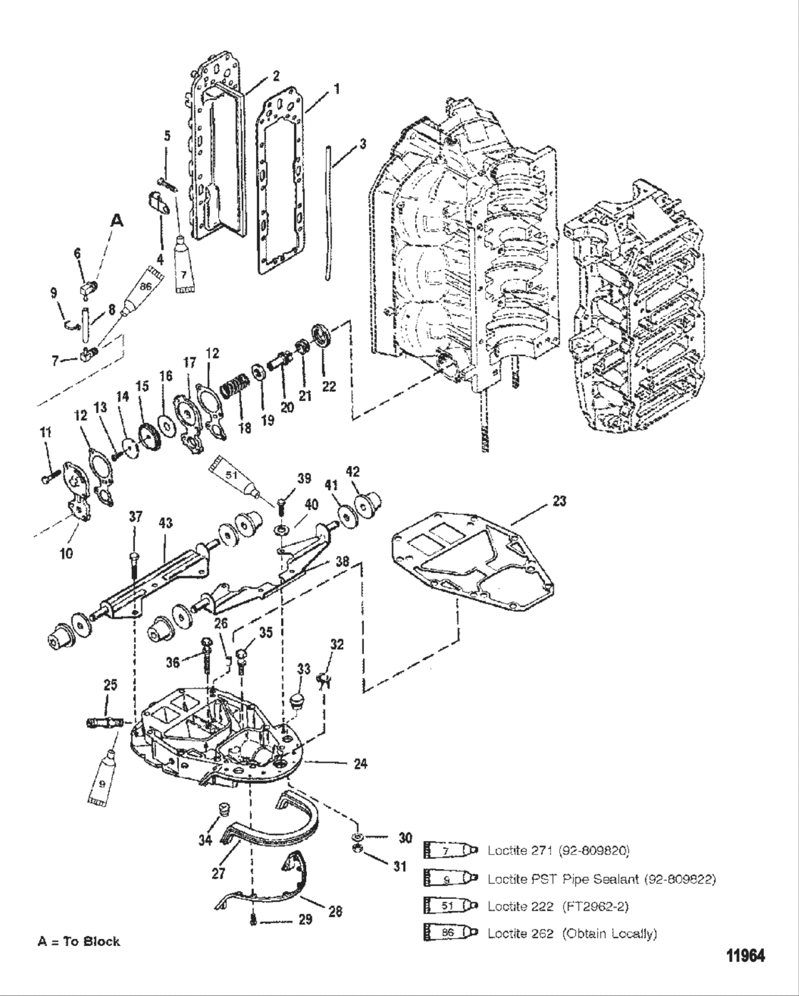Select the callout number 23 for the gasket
click(x=559, y=502)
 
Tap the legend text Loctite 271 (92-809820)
click(x=559, y=850)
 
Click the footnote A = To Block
click(x=78, y=941)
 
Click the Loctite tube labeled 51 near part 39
click(x=234, y=476)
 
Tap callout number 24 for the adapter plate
click(x=361, y=764)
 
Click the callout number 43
click(x=166, y=524)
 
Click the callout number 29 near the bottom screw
click(x=305, y=920)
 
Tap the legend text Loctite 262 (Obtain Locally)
click(x=572, y=933)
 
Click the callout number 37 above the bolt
click(x=135, y=516)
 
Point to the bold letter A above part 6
click(x=116, y=222)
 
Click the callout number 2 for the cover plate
click(x=275, y=75)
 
